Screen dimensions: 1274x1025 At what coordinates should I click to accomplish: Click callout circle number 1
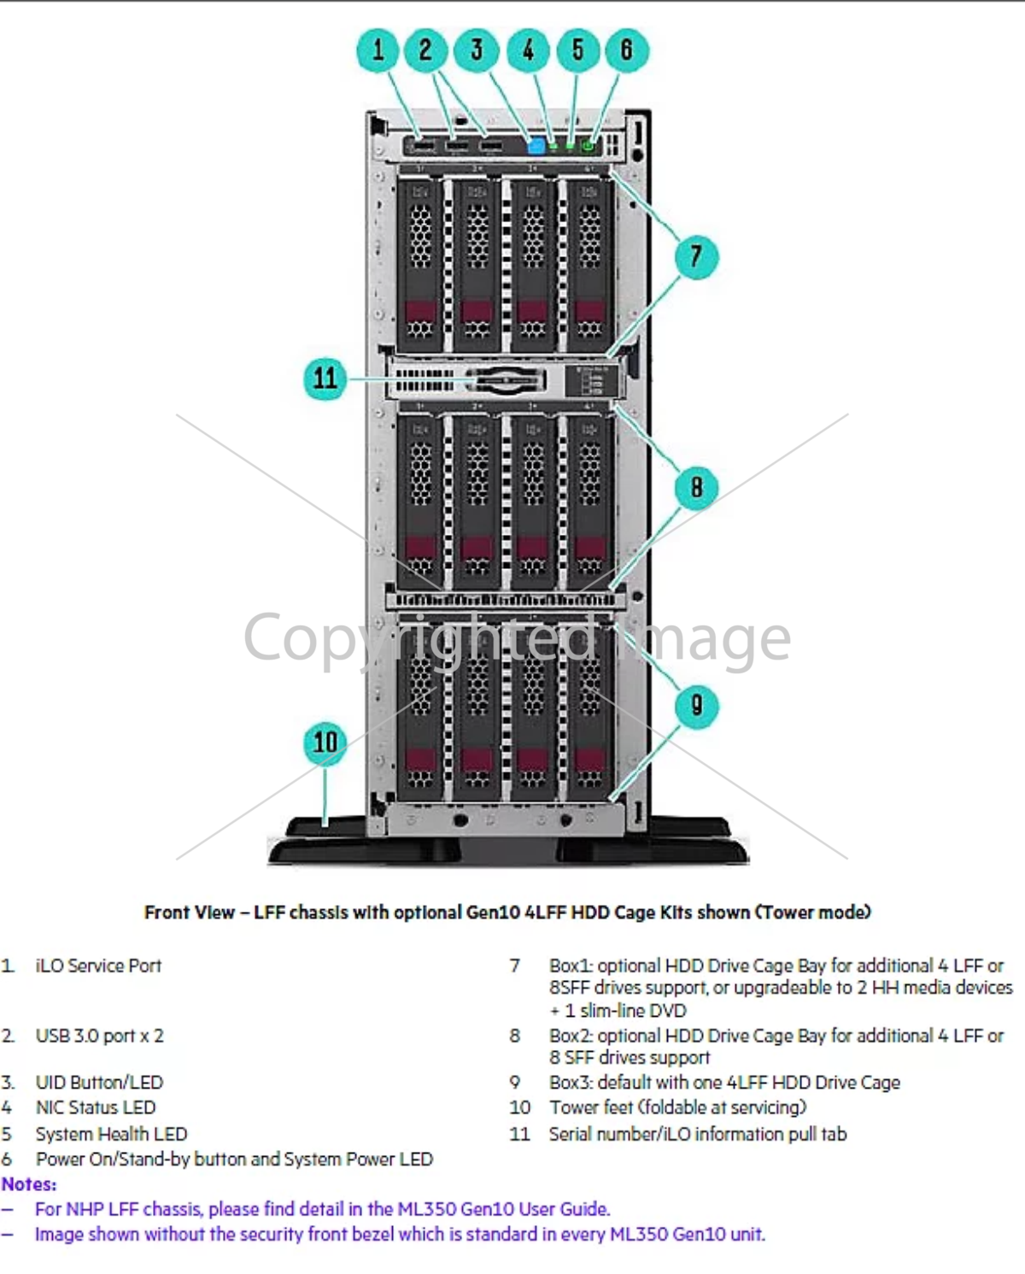pyautogui.click(x=378, y=50)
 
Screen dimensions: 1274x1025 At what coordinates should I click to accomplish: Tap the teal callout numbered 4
pyautogui.click(x=528, y=50)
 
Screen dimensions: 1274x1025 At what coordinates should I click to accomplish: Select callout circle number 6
pyautogui.click(x=626, y=50)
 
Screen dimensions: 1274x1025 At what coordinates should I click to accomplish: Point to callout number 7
pyautogui.click(x=696, y=256)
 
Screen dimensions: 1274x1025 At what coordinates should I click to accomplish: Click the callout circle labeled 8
pyautogui.click(x=696, y=487)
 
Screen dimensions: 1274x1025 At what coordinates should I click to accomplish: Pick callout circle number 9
pyautogui.click(x=696, y=706)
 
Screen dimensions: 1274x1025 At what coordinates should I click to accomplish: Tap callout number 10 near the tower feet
pyautogui.click(x=325, y=742)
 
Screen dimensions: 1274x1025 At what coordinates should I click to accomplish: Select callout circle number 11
pyautogui.click(x=325, y=378)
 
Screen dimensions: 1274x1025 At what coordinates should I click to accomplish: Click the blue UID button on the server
pyautogui.click(x=536, y=146)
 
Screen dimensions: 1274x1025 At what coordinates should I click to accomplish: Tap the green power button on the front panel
pyautogui.click(x=588, y=146)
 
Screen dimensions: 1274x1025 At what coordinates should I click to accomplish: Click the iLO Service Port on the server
pyautogui.click(x=423, y=146)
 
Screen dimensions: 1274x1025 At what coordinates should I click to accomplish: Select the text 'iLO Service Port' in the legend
pyautogui.click(x=98, y=966)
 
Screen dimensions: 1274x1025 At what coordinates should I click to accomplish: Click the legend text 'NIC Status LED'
pyautogui.click(x=96, y=1107)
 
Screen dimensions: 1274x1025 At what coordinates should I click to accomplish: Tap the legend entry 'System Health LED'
pyautogui.click(x=111, y=1134)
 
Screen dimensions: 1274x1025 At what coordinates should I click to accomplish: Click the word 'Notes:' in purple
pyautogui.click(x=29, y=1184)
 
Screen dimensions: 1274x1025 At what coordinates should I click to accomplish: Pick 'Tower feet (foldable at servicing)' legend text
pyautogui.click(x=677, y=1107)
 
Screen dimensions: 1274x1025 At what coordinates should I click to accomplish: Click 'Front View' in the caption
pyautogui.click(x=189, y=913)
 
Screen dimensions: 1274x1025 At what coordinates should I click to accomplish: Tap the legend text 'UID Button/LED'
pyautogui.click(x=99, y=1082)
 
